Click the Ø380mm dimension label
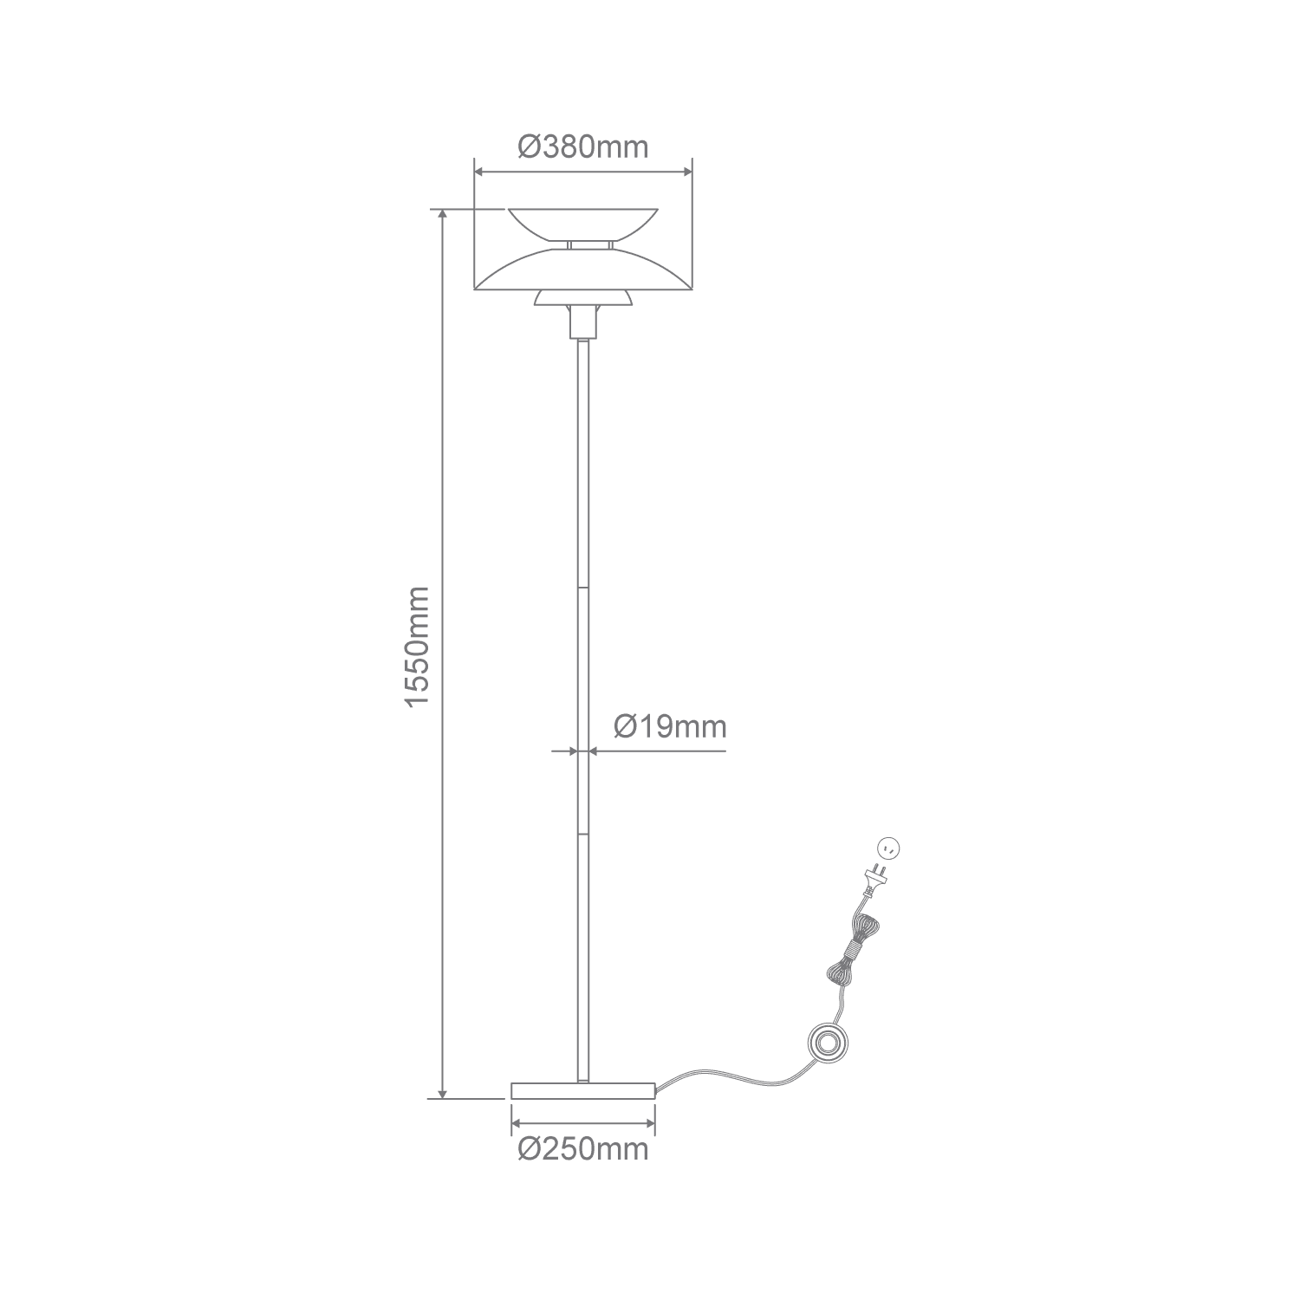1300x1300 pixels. coord(582,147)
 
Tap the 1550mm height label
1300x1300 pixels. coord(417,647)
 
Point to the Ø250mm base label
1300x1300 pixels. coord(583,1149)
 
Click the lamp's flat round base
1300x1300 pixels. coord(583,1090)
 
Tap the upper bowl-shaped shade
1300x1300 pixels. coord(583,224)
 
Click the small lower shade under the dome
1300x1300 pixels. coord(583,298)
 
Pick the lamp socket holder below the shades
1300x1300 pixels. coord(583,322)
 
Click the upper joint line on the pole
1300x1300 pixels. coord(583,588)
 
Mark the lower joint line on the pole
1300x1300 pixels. coord(583,835)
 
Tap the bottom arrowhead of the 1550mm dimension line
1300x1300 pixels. coord(442,1091)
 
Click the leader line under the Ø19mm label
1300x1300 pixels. coord(658,751)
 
